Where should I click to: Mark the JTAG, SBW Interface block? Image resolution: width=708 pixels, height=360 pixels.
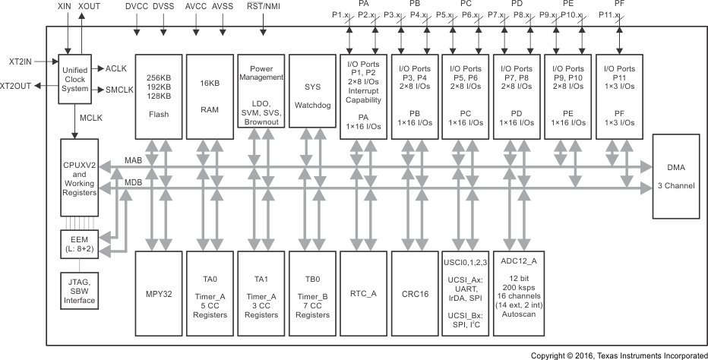80,289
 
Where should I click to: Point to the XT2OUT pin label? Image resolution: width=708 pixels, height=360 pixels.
16,86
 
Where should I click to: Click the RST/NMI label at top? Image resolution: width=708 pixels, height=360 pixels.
264,6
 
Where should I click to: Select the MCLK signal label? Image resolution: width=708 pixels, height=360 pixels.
92,118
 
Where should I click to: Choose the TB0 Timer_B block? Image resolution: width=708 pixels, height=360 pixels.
312,293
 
